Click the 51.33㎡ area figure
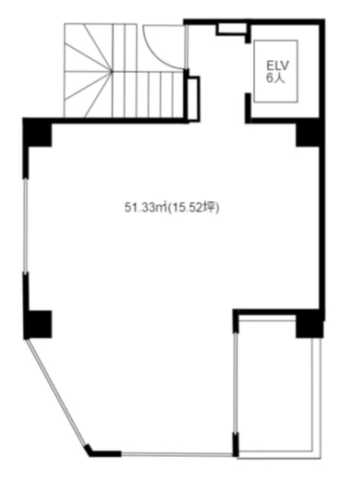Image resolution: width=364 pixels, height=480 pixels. pyautogui.click(x=145, y=208)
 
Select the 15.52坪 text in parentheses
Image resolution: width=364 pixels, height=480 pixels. pyautogui.click(x=193, y=208)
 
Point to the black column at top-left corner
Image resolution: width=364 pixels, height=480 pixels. pyautogui.click(x=38, y=133)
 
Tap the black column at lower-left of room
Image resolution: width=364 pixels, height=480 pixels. pyautogui.click(x=38, y=324)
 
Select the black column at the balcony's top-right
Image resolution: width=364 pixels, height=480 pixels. pyautogui.click(x=309, y=326)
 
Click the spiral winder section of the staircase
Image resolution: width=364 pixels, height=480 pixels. pyautogui.click(x=88, y=71)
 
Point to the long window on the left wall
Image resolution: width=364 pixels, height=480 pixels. pyautogui.click(x=26, y=225)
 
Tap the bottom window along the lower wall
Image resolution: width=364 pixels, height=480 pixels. pyautogui.click(x=176, y=454)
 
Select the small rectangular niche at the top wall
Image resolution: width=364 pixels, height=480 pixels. pyautogui.click(x=232, y=29)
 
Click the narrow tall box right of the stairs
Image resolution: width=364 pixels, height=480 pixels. pyautogui.click(x=193, y=99)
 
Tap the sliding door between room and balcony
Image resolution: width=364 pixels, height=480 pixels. pyautogui.click(x=236, y=383)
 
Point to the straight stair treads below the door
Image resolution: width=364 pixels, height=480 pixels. pyautogui.click(x=149, y=94)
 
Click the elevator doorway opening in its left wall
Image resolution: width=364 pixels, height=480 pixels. pyautogui.click(x=249, y=68)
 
